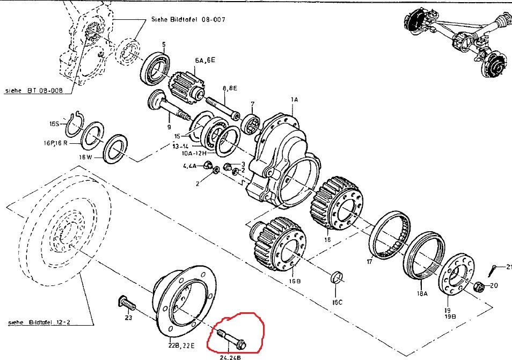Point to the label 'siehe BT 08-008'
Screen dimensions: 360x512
pyautogui.click(x=34, y=91)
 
